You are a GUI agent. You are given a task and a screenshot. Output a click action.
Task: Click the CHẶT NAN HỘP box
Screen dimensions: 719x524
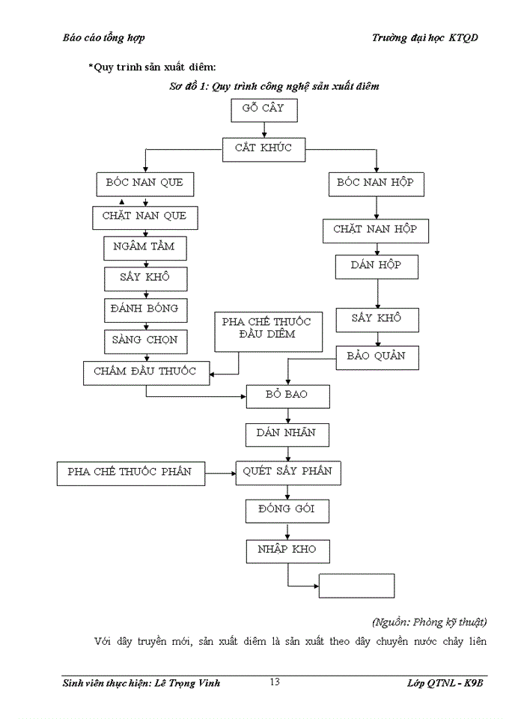[375, 231]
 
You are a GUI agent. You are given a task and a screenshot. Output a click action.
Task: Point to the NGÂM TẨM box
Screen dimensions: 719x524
[145, 248]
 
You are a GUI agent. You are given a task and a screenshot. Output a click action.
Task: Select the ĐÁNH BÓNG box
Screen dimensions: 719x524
[145, 309]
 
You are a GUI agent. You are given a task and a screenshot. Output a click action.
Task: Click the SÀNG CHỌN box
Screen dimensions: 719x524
[145, 341]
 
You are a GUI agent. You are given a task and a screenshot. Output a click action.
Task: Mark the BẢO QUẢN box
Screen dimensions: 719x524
[376, 357]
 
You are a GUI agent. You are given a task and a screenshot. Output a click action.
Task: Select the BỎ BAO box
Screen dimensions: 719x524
[287, 395]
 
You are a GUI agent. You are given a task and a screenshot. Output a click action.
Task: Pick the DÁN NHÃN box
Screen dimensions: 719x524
[287, 434]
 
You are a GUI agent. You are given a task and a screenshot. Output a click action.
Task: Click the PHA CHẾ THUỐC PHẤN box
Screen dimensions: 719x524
[131, 473]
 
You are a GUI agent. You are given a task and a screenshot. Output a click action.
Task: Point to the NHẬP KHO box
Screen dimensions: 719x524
[287, 550]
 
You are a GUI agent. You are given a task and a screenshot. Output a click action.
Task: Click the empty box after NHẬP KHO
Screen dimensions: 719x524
[356, 585]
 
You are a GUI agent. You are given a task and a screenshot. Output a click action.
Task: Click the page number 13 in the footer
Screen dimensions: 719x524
[275, 682]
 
